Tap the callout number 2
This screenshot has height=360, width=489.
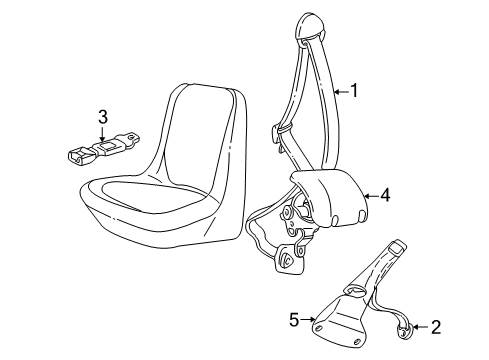434,326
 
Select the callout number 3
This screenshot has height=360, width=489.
103,117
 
